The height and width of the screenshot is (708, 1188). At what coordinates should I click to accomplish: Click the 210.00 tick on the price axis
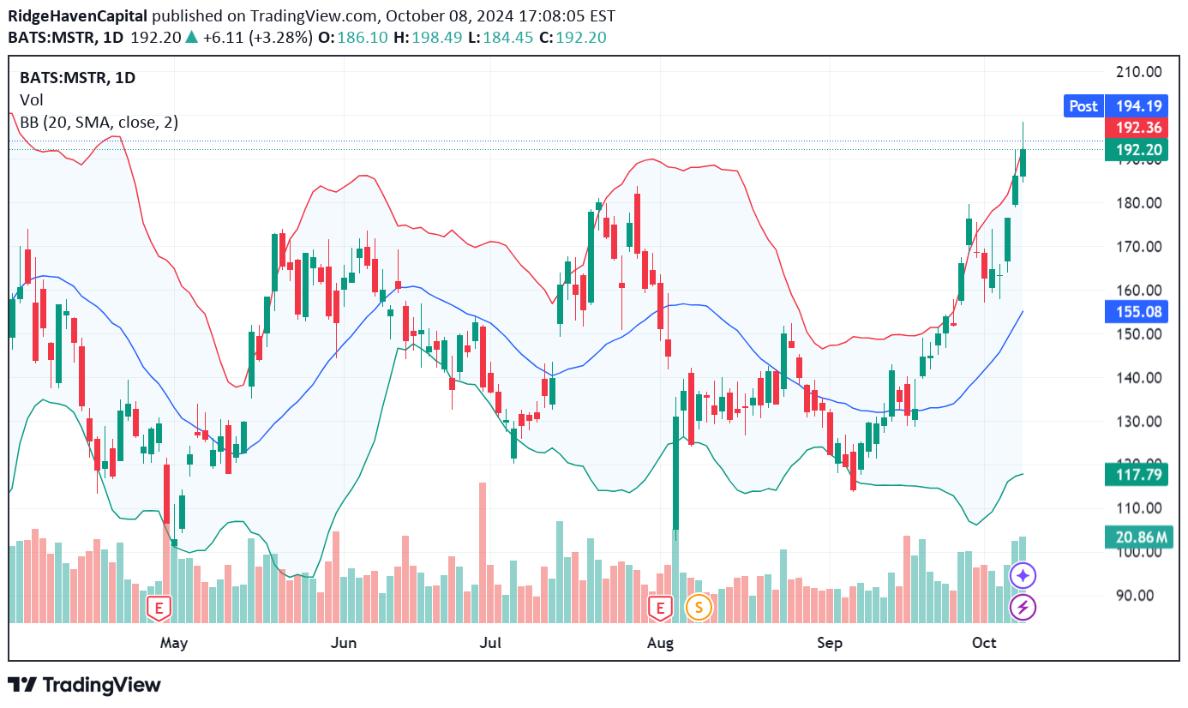[1137, 72]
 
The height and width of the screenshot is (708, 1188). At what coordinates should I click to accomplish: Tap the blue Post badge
[1083, 105]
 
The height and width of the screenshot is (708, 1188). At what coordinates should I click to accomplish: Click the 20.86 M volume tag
[1137, 537]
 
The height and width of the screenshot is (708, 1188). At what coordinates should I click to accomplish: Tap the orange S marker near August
[699, 608]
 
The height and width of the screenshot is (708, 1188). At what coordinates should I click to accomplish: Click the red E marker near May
[158, 608]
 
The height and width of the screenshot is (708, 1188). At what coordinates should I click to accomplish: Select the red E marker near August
[660, 608]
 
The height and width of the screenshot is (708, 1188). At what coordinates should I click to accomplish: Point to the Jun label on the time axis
[343, 642]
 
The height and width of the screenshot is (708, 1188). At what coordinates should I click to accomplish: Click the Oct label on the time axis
[984, 642]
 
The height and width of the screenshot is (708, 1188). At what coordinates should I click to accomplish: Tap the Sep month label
[829, 642]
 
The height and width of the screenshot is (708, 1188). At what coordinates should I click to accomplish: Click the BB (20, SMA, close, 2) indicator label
[99, 123]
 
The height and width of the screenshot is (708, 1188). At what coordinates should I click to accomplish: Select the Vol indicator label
[32, 100]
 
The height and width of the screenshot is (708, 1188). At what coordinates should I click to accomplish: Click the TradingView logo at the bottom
[84, 685]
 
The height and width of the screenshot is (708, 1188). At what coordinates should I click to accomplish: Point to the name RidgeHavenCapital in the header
[78, 15]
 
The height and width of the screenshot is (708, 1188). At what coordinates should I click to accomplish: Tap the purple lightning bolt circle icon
[1023, 608]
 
